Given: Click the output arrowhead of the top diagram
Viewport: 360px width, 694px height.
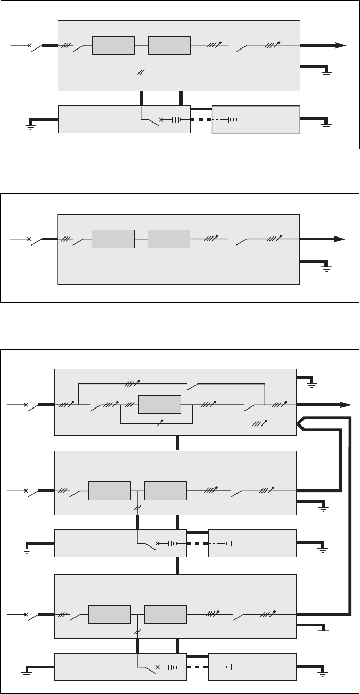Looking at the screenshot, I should pos(340,46).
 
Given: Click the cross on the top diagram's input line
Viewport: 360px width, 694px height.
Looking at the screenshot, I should pos(29,46).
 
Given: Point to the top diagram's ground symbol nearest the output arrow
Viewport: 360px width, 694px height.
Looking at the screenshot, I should pos(326,72).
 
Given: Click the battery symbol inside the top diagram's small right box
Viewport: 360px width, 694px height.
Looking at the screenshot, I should pos(232,119).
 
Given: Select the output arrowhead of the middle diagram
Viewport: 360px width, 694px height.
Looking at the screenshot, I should pos(340,240).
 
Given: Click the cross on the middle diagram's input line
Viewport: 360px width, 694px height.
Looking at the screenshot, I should pos(29,240).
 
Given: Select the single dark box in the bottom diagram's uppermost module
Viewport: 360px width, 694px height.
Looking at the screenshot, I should pos(159,405).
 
